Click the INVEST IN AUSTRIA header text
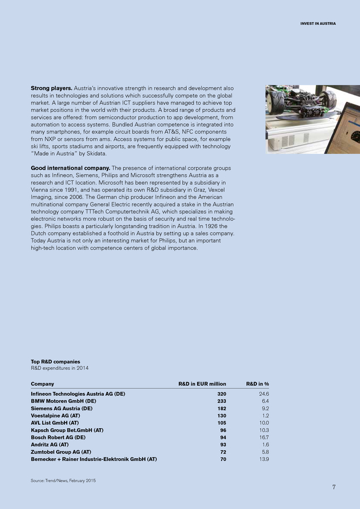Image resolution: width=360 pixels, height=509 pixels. [x=318, y=24]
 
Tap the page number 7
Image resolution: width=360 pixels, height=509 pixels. [x=335, y=487]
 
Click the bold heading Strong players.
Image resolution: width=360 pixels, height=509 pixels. [x=51, y=88]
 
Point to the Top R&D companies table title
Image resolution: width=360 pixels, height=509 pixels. [x=55, y=361]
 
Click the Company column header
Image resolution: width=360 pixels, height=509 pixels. [x=42, y=384]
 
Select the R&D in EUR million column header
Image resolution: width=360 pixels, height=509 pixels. [x=202, y=384]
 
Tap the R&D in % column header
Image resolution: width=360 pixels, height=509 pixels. [x=257, y=384]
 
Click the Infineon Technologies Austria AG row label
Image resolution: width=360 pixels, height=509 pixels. [x=78, y=393]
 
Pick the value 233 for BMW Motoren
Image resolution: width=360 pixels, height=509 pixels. [x=221, y=400]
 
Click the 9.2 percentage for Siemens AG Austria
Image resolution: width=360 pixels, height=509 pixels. [x=264, y=408]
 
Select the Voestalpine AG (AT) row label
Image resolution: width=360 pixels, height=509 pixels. [x=54, y=415]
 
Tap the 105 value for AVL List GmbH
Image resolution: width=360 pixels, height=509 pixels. [x=221, y=422]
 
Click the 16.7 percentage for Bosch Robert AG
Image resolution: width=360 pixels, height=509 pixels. [x=263, y=437]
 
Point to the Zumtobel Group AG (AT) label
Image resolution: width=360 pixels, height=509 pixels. [x=61, y=452]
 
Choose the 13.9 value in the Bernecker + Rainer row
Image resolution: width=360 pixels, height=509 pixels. [x=263, y=459]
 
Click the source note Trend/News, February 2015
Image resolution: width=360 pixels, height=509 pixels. [x=63, y=480]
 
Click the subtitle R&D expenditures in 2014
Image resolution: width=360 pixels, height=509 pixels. [x=59, y=368]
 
